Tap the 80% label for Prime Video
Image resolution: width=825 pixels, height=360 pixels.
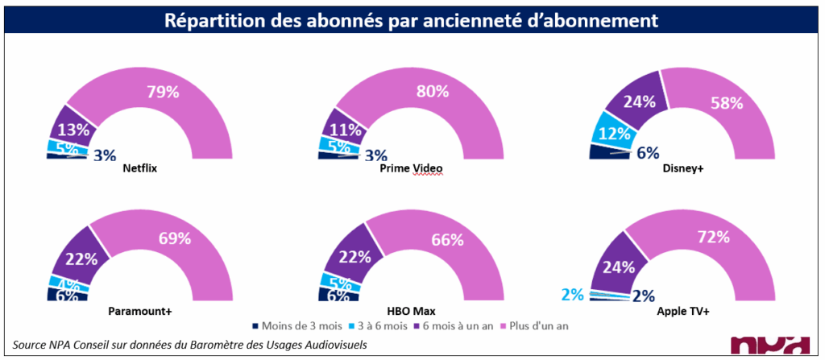432,91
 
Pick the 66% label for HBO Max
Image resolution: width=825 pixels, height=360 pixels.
447,239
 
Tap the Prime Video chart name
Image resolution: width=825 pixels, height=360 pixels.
411,169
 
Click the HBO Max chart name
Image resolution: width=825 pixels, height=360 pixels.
412,311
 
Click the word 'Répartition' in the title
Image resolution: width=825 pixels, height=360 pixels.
212,19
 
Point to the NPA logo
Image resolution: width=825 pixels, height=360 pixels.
769,344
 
